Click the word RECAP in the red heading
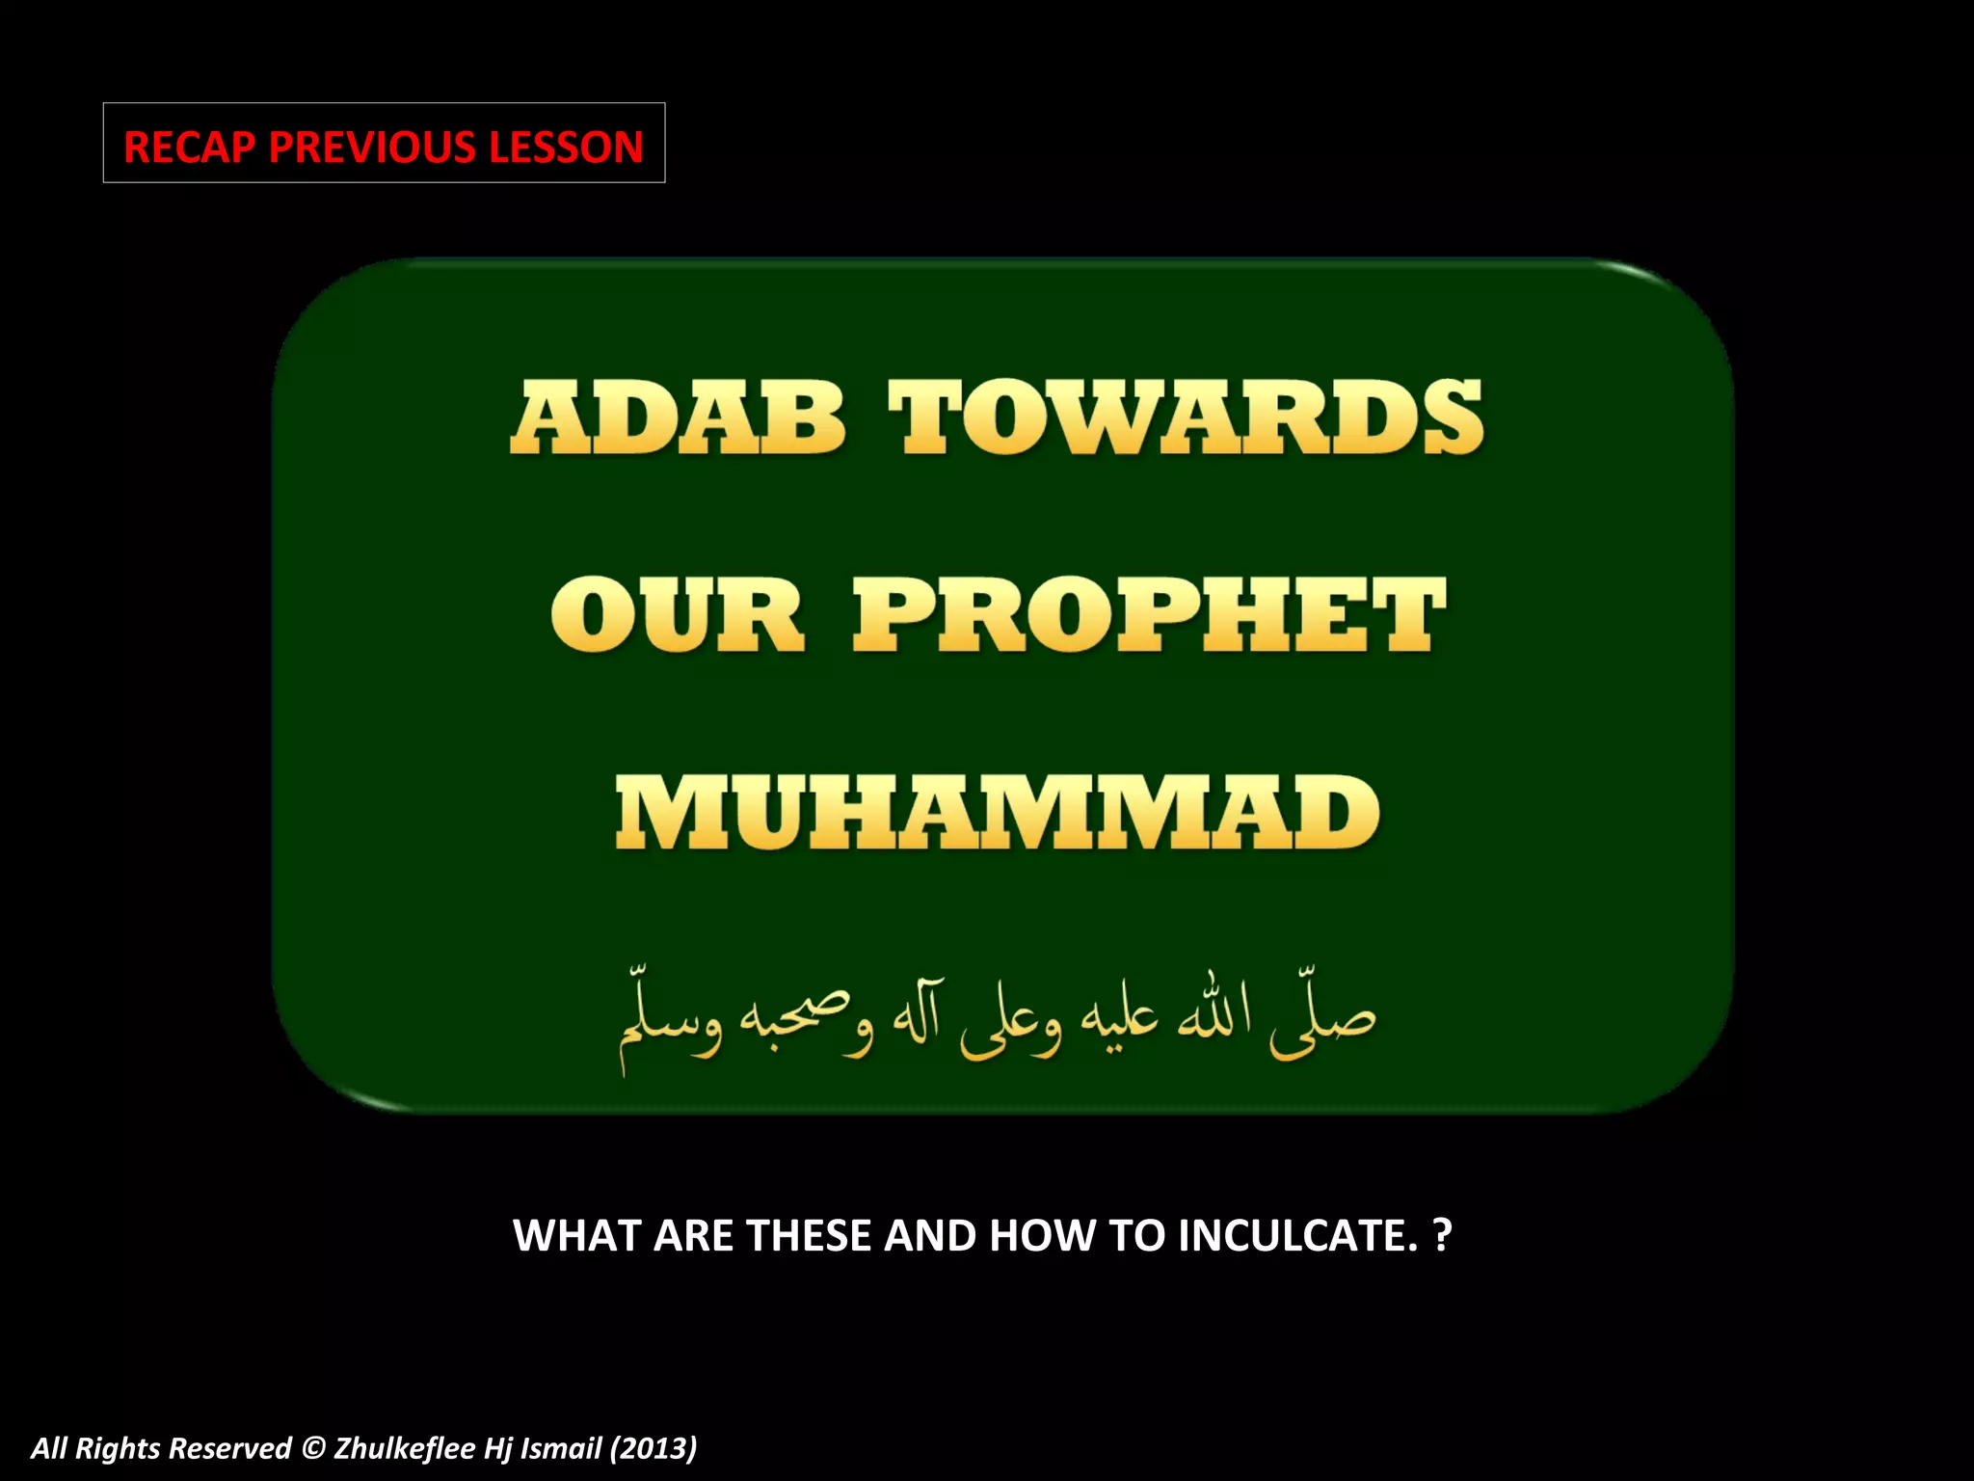coord(189,148)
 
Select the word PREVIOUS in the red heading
coord(371,148)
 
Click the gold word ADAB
coord(678,417)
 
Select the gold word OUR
coord(677,615)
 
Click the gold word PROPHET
coord(1149,615)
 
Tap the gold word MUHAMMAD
coord(998,813)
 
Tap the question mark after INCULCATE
coord(1442,1236)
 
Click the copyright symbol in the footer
coord(312,1448)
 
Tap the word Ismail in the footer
coord(561,1448)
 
